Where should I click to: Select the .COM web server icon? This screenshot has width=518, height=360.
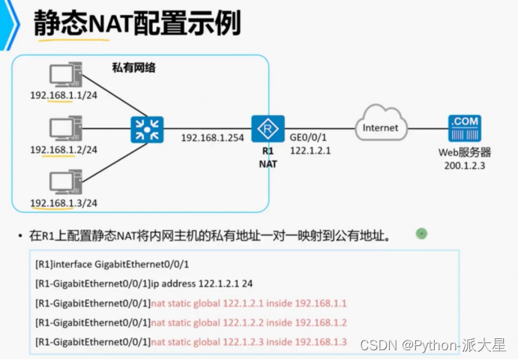[x=462, y=128]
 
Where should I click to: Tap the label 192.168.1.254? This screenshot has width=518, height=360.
[x=211, y=138]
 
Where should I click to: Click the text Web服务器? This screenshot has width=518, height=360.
[x=464, y=153]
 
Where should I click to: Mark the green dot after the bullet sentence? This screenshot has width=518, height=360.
[x=421, y=234]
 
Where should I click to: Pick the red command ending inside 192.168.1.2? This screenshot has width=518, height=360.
[x=249, y=322]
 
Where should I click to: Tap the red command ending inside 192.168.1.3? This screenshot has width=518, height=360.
[x=249, y=342]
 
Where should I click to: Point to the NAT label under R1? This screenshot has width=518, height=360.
[x=267, y=163]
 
